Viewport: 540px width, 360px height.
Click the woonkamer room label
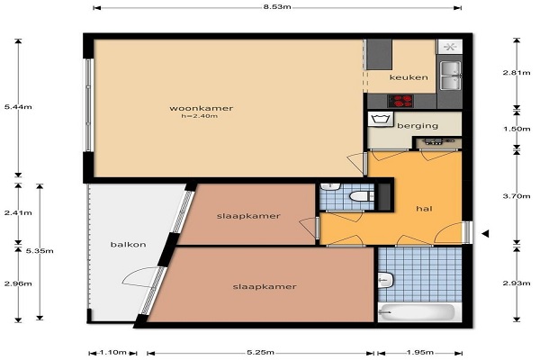pyautogui.click(x=201, y=108)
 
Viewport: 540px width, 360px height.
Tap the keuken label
pyautogui.click(x=409, y=77)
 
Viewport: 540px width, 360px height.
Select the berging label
pyautogui.click(x=418, y=126)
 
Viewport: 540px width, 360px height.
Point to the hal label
pyautogui.click(x=424, y=209)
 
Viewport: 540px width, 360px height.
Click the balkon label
pyautogui.click(x=128, y=245)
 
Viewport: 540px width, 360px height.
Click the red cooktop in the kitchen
pyautogui.click(x=400, y=101)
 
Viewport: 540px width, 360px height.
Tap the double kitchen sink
pyautogui.click(x=450, y=76)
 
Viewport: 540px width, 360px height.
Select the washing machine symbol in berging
pyautogui.click(x=381, y=119)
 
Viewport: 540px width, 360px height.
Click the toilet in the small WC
pyautogui.click(x=360, y=196)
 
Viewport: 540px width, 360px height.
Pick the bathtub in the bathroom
pyautogui.click(x=417, y=312)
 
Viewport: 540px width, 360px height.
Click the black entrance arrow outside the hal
pyautogui.click(x=485, y=234)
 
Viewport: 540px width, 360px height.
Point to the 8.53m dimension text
pyautogui.click(x=277, y=7)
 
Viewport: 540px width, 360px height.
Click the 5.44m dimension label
pyautogui.click(x=18, y=107)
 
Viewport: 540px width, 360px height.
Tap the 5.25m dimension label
pyautogui.click(x=261, y=353)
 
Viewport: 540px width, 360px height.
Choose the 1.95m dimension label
pyautogui.click(x=419, y=353)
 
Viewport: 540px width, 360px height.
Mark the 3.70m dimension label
pyautogui.click(x=517, y=196)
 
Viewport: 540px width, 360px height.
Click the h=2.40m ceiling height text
pyautogui.click(x=200, y=116)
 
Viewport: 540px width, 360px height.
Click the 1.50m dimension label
pyautogui.click(x=517, y=130)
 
